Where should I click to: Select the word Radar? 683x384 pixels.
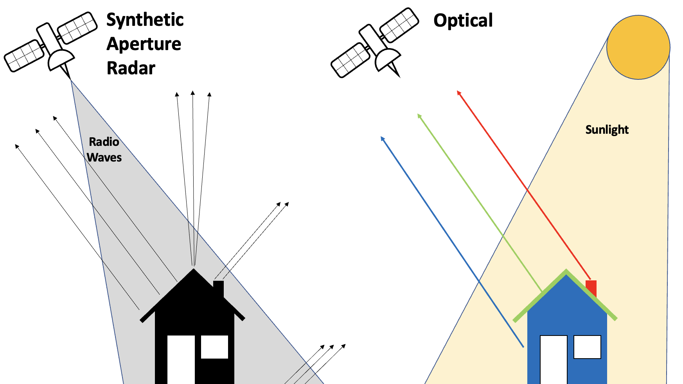tap(131, 68)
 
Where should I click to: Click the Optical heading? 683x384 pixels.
tap(463, 21)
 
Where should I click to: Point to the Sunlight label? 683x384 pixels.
tap(607, 130)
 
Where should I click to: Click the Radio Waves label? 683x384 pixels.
tap(104, 150)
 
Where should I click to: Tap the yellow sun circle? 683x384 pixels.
tap(638, 47)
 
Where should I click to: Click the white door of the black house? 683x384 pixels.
tap(181, 359)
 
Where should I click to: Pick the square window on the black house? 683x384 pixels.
tap(214, 347)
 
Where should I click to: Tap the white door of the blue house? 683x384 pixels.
tap(554, 359)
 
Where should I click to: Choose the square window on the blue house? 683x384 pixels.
tap(587, 347)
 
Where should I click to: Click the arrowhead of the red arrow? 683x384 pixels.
tap(459, 93)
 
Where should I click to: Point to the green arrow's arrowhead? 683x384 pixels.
tap(419, 115)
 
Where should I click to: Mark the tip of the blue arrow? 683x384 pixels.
tap(382, 138)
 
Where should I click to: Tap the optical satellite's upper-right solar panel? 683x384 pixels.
tap(399, 24)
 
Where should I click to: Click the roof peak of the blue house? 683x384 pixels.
tap(566, 271)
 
